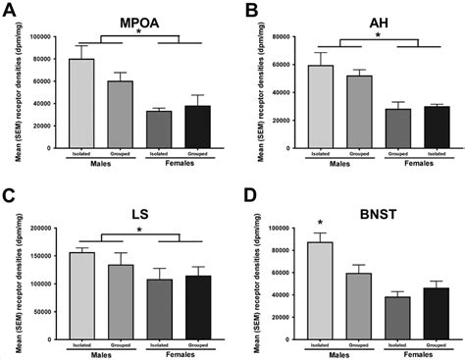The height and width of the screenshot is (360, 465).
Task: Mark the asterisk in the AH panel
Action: [379, 37]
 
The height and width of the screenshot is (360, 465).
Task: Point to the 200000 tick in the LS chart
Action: [41, 228]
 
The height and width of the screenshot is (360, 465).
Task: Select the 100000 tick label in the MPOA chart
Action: [41, 37]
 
